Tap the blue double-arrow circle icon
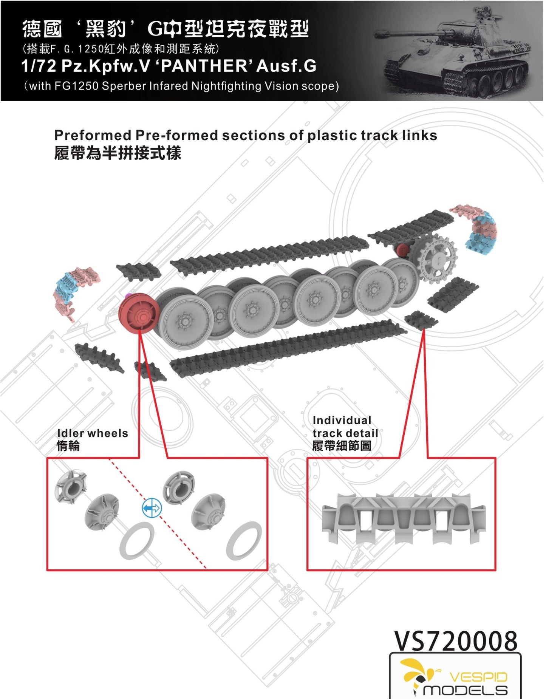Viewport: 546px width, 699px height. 152,508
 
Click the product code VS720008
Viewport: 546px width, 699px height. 456,641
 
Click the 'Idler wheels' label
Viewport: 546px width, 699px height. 93,433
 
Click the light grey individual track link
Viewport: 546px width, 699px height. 403,518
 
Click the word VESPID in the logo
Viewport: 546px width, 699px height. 478,677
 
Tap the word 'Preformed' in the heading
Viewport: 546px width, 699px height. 93,135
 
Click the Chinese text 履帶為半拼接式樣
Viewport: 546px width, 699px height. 118,153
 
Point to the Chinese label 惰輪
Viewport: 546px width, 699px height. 68,446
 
